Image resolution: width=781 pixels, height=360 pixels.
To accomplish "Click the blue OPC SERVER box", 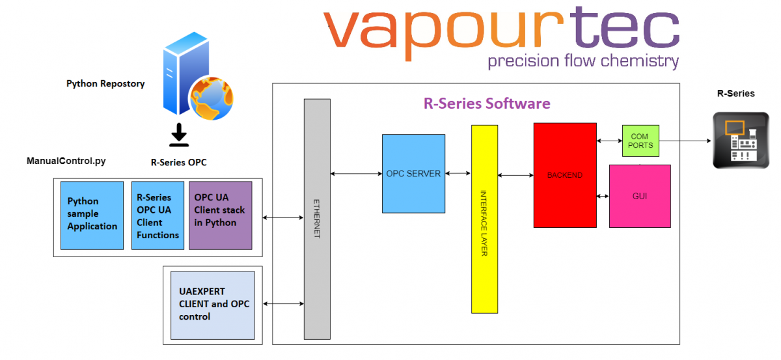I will coord(413,174).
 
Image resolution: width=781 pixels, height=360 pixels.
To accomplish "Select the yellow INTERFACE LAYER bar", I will coord(484,219).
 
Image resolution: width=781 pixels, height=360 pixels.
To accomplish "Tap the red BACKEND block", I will coord(565,175).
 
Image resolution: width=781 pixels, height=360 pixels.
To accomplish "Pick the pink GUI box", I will coord(640,196).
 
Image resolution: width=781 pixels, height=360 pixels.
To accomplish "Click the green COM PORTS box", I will coord(640,141).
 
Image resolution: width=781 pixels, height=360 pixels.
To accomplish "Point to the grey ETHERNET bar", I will coord(317,219).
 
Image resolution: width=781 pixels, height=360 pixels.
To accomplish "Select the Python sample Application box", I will coord(92,215).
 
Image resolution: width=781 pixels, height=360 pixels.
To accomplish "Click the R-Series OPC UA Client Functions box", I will coord(158,215).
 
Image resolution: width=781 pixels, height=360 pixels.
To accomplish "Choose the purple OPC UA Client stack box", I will coord(220,215).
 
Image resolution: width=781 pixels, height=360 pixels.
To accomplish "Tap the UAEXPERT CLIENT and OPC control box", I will coord(213,305).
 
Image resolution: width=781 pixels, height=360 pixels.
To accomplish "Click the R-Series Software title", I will coord(487,104).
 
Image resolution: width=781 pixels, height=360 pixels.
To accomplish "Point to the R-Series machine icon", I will coord(741,140).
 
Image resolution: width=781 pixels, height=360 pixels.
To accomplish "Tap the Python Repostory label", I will coord(105,84).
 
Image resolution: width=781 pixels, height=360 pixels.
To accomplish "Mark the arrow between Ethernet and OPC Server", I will coord(356,174).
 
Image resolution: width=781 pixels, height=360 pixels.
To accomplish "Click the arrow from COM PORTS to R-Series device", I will coord(683,140).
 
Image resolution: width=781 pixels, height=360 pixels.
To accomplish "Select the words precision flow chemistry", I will coord(583,62).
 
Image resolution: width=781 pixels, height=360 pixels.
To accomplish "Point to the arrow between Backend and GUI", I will coord(603,196).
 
